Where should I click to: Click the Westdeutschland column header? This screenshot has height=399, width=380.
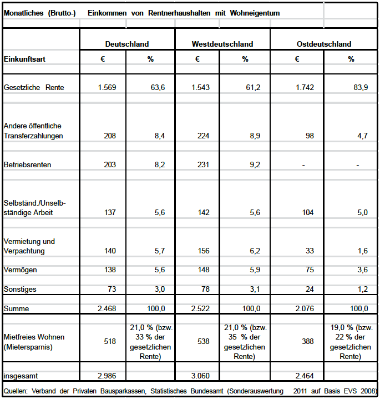tap(222, 44)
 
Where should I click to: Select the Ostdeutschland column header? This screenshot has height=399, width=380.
tap(324, 44)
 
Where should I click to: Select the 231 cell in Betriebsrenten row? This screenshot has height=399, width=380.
tap(204, 165)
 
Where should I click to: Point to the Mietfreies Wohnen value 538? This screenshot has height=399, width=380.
tap(204, 341)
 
